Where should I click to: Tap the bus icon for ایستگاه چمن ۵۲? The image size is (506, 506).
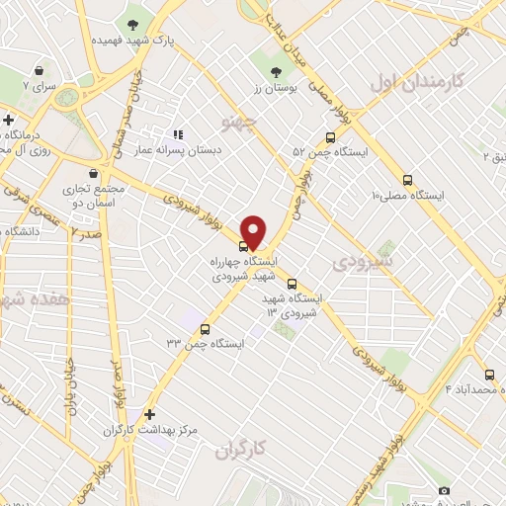[x=329, y=138]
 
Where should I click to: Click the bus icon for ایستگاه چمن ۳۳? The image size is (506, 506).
[x=206, y=329]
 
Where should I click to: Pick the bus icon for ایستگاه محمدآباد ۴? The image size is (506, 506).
[x=489, y=375]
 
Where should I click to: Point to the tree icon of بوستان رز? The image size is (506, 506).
[x=277, y=71]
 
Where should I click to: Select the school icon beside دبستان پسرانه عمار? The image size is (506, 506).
[x=179, y=134]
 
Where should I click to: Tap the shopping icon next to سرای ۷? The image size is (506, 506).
[x=39, y=71]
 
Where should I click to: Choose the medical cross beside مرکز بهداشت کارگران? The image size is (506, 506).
[x=149, y=415]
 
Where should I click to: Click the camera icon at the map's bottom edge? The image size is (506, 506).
[x=444, y=491]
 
